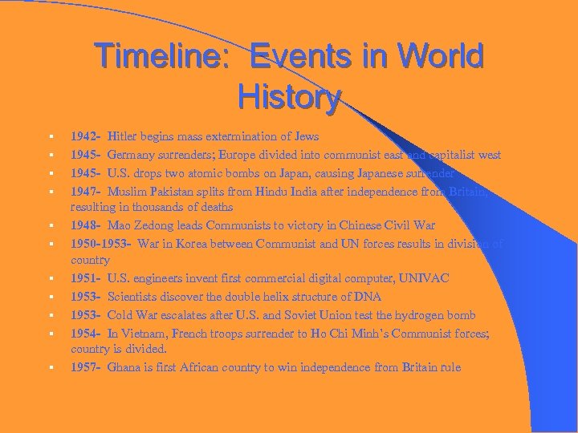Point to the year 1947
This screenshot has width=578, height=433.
pyautogui.click(x=85, y=191)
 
